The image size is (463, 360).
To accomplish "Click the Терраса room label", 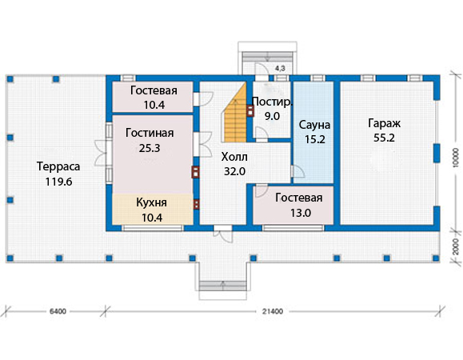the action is click(58, 166).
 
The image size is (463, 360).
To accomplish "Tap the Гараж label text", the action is click(384, 123).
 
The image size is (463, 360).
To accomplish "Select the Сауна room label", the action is click(314, 125).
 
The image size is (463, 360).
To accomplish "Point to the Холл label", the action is click(234, 157).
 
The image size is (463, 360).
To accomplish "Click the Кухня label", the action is click(151, 202).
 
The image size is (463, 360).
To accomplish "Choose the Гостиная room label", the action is click(150, 133).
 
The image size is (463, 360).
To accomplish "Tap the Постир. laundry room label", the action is click(272, 102).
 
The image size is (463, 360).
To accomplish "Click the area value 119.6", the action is click(58, 182).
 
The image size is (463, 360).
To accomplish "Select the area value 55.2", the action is click(384, 138).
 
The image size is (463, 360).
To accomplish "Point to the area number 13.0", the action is click(301, 213).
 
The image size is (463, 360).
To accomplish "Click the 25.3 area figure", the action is click(150, 148).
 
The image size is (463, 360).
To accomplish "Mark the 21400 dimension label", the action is click(273, 311).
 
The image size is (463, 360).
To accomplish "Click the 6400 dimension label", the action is click(58, 311).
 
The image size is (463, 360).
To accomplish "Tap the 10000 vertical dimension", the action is click(457, 158).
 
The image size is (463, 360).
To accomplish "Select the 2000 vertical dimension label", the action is click(457, 246).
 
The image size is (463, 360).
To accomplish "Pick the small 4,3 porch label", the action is click(280, 69).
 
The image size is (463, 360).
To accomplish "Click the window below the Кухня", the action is click(153, 228).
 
